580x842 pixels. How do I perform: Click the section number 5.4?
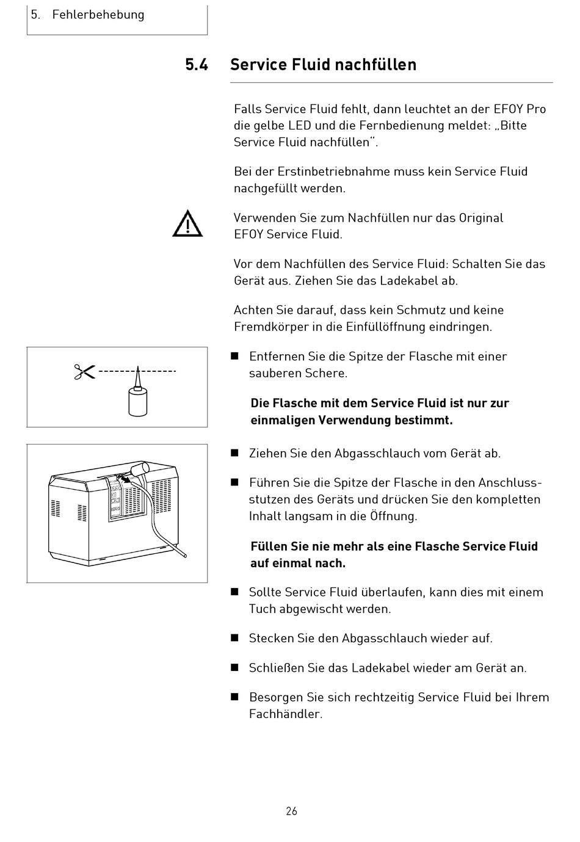pos(197,65)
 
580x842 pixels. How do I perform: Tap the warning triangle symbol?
pos(187,223)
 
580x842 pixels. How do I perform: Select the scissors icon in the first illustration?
pos(85,371)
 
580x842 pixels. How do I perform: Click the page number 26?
pos(291,811)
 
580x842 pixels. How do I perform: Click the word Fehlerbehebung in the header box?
pos(98,15)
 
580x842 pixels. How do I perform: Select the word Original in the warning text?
pos(480,218)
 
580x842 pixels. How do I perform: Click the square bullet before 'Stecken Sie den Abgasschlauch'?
pos(234,638)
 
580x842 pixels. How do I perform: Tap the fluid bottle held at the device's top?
pos(140,469)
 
